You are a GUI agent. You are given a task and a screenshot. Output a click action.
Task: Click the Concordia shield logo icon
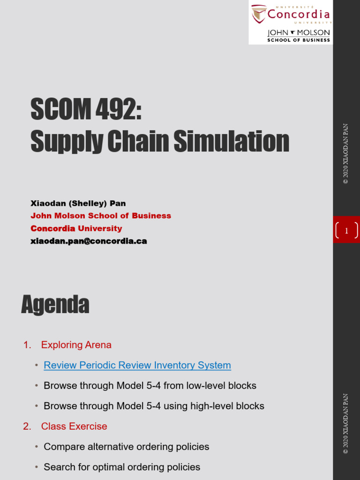click(x=259, y=14)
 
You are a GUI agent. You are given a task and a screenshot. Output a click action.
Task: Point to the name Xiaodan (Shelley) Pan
click(x=78, y=203)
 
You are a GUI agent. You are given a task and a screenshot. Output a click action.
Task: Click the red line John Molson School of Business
click(x=101, y=216)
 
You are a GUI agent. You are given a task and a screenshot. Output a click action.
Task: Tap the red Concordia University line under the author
click(x=76, y=228)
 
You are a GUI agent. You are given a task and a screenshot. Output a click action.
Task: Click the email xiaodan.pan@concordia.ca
click(x=89, y=241)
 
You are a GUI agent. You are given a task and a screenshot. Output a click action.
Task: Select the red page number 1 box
click(x=346, y=230)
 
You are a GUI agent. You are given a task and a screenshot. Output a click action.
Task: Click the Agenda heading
click(x=55, y=305)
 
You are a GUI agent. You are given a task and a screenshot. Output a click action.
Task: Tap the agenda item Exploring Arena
click(x=76, y=345)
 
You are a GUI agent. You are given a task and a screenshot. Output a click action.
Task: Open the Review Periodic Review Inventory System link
click(x=137, y=365)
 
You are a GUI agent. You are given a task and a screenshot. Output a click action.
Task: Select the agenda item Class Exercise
click(x=74, y=426)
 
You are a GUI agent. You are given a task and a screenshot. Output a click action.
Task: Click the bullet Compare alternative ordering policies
click(x=127, y=447)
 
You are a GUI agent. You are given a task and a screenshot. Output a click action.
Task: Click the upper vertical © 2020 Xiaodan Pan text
click(x=346, y=154)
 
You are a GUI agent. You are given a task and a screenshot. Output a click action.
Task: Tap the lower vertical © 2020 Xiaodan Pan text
click(x=346, y=424)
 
